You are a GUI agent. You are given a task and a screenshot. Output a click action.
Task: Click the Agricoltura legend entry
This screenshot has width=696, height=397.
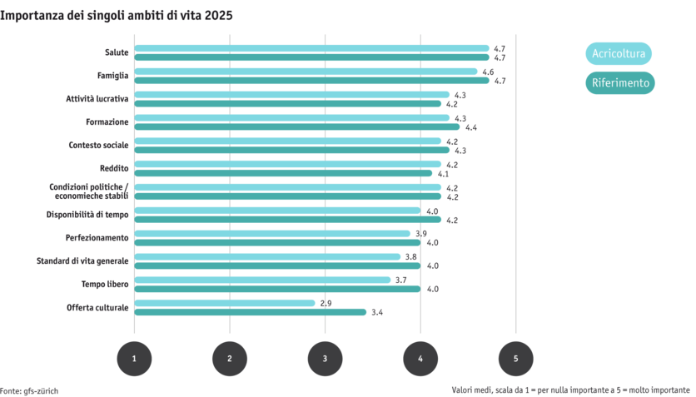(619, 53)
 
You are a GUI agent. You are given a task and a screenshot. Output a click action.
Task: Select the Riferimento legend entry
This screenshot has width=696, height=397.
(620, 83)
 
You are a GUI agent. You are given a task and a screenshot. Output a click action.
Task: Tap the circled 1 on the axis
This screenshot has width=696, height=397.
(134, 358)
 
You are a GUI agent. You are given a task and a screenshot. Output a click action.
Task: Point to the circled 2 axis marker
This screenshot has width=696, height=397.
(230, 358)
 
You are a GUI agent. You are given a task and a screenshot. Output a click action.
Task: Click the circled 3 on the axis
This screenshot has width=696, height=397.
(325, 358)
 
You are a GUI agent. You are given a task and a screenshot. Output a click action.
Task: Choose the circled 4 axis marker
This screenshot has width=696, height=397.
(420, 358)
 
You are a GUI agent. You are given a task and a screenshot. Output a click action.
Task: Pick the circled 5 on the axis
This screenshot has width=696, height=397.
(515, 358)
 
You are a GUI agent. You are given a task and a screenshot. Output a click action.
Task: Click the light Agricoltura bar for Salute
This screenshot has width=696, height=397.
(311, 48)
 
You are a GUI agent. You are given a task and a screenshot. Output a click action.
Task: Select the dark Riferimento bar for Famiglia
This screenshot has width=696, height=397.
(311, 81)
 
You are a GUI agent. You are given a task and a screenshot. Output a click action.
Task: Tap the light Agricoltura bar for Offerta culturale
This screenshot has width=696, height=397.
(225, 302)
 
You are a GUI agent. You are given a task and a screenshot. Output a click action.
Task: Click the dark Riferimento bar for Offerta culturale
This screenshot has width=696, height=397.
(250, 312)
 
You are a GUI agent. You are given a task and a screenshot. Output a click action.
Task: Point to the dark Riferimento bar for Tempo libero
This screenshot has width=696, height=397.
(276, 289)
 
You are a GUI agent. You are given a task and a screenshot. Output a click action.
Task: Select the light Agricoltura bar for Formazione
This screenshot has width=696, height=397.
(291, 117)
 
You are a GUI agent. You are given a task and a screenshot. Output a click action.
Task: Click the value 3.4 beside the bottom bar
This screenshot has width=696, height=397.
(377, 313)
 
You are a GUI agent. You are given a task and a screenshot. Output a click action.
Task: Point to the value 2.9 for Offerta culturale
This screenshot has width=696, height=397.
(326, 301)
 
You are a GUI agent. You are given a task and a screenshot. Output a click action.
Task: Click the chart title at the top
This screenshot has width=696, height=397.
(117, 16)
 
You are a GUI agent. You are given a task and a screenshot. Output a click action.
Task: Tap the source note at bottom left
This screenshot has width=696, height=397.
(29, 390)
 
